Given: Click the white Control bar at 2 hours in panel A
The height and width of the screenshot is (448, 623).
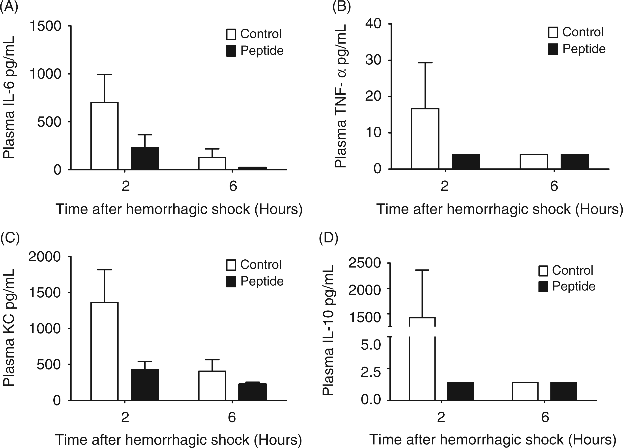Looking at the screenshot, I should click(x=104, y=136).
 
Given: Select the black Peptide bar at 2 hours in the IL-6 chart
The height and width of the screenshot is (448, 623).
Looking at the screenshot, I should click(x=145, y=159).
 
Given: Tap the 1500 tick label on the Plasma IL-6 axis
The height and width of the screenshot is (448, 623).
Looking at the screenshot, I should click(x=45, y=26).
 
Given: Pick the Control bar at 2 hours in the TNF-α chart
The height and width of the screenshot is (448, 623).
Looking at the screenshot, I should click(x=425, y=139).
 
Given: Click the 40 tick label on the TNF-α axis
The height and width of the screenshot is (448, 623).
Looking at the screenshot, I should click(x=373, y=24).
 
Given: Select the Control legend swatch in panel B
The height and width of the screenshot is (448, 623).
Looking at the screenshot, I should click(x=553, y=32).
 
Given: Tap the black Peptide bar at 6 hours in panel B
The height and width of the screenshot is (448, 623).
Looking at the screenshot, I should click(x=575, y=161).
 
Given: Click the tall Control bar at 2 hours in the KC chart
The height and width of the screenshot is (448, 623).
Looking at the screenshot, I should click(x=104, y=351).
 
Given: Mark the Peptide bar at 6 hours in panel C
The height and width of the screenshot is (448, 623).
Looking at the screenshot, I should click(x=252, y=392).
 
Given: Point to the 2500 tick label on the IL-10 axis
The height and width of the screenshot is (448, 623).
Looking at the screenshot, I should click(x=365, y=263).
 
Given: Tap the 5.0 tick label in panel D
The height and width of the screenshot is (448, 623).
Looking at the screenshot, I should click(x=371, y=344).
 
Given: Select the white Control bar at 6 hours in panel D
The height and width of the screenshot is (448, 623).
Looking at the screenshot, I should click(x=525, y=391).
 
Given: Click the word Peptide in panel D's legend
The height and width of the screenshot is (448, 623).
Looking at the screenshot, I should click(x=574, y=286).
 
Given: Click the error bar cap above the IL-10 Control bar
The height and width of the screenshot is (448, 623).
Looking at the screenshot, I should click(x=422, y=270).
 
